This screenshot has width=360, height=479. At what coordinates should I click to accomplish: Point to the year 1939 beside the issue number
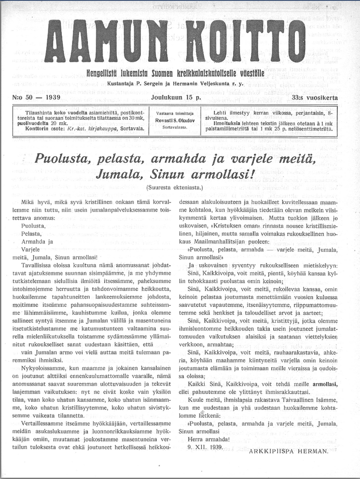(53, 98)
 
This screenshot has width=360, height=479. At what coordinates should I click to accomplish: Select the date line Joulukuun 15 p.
(176, 98)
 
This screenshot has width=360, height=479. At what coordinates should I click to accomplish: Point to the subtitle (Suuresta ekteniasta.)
(174, 188)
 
